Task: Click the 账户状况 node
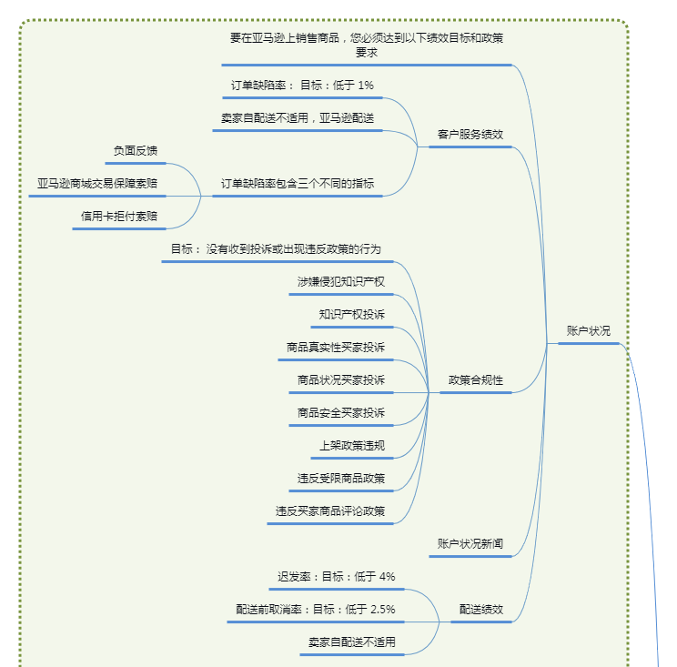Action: coord(588,331)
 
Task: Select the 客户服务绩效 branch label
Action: coord(470,134)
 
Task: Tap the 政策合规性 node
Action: coord(475,380)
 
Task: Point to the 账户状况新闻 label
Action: coord(470,544)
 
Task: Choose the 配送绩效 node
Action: coord(480,610)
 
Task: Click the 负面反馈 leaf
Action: coord(135,151)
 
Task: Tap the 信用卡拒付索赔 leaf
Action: coord(118,217)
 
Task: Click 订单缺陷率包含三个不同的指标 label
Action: coord(297,184)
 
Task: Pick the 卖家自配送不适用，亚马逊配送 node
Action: coord(297,118)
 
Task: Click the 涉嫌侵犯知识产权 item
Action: coord(340,282)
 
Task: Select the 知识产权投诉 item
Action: coord(351,315)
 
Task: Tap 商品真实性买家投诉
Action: coord(335,348)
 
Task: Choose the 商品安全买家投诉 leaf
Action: coord(340,413)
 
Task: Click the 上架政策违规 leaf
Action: coord(351,446)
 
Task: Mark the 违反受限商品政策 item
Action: coord(340,479)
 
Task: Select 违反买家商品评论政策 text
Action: coord(329,511)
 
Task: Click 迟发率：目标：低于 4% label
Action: coord(336,577)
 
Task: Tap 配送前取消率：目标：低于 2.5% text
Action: coord(315,610)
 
